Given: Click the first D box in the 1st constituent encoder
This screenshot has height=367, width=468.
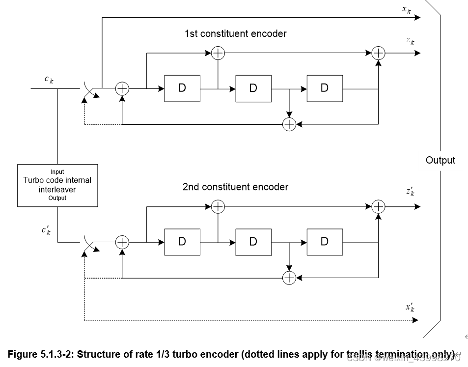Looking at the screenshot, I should click(182, 88).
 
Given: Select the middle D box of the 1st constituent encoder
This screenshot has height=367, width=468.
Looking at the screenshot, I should click(253, 88).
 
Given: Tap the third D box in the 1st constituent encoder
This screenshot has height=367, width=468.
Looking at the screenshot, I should click(325, 88).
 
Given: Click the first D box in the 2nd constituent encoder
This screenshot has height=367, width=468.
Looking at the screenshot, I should click(182, 242).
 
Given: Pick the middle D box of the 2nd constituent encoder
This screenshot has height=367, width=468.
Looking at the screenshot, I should click(253, 242).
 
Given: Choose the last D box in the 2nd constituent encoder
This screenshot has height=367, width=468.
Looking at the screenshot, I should click(325, 242).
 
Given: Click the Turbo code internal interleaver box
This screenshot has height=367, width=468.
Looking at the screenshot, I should click(57, 185).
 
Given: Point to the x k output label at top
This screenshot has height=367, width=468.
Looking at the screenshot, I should click(407, 9).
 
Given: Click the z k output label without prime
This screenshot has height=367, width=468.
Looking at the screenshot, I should click(410, 41).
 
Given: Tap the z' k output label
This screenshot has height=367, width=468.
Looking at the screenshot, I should click(410, 192).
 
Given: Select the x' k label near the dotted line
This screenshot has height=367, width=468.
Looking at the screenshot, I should click(410, 308).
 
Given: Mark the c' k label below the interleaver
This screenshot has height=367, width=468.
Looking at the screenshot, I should click(46, 230).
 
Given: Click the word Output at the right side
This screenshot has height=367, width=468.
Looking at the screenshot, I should click(440, 160).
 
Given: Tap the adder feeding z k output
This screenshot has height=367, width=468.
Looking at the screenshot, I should click(378, 53).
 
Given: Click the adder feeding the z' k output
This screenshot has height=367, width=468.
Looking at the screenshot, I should click(378, 207).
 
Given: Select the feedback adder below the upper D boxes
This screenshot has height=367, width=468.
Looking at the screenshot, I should click(289, 124).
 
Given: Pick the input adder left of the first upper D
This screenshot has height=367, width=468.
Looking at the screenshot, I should click(122, 88).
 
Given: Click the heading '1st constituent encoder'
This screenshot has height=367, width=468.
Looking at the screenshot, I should click(235, 34).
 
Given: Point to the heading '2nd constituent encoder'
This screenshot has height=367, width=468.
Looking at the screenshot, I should click(235, 187).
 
